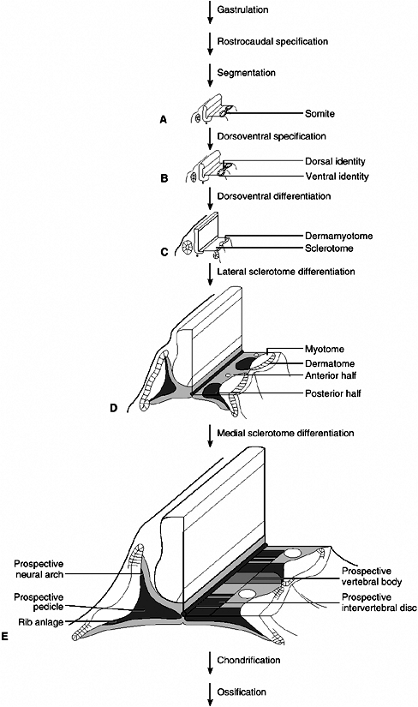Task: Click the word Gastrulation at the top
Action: pos(242,9)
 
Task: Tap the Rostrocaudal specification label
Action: pos(272,41)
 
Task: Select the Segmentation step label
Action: pos(246,73)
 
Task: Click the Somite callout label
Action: pos(319,114)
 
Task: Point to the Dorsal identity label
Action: pos(335,161)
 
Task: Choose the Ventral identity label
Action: pos(337,177)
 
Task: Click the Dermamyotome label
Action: pos(338,236)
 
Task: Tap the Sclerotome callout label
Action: pos(329,249)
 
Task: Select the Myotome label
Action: pos(325,349)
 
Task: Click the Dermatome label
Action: pos(330,363)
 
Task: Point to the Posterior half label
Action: pos(333,393)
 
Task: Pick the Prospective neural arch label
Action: pos(39,569)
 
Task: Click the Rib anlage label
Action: pos(41,622)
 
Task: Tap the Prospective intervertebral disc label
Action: pos(379,602)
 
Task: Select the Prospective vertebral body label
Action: pos(372,577)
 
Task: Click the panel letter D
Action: pos(113,408)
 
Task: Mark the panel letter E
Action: pos(5,637)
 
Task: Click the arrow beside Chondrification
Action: pos(210,662)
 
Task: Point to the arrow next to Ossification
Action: pos(210,694)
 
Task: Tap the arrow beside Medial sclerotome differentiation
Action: pos(210,435)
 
